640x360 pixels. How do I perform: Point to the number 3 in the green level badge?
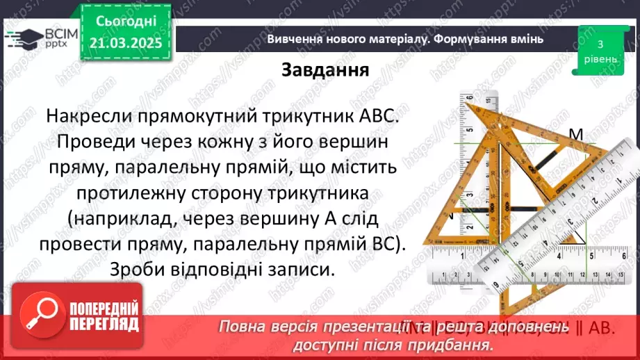599,43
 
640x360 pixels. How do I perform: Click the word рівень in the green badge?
599,58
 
